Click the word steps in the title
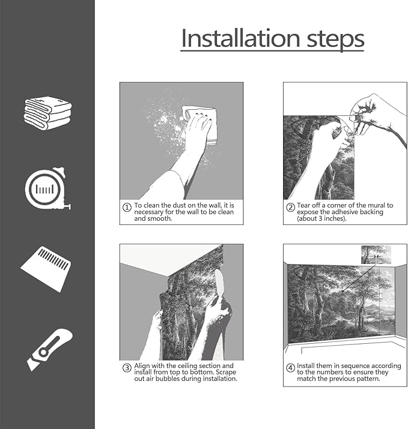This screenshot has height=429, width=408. pyautogui.click(x=335, y=40)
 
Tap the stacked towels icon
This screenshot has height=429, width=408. pyautogui.click(x=47, y=113)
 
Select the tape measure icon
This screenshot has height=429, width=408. pyautogui.click(x=47, y=188)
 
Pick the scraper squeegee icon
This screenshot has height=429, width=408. pyautogui.click(x=46, y=269)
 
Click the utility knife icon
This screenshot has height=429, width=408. pyautogui.click(x=50, y=350)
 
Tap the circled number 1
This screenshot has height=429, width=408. pyautogui.click(x=127, y=208)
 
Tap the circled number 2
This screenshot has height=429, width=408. pyautogui.click(x=290, y=208)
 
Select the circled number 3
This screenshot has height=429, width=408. pyautogui.click(x=127, y=368)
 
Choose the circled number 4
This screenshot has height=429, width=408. pyautogui.click(x=290, y=368)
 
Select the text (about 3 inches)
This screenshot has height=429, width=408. pyautogui.click(x=321, y=218)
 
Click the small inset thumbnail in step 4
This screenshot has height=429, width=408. pyautogui.click(x=376, y=255)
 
